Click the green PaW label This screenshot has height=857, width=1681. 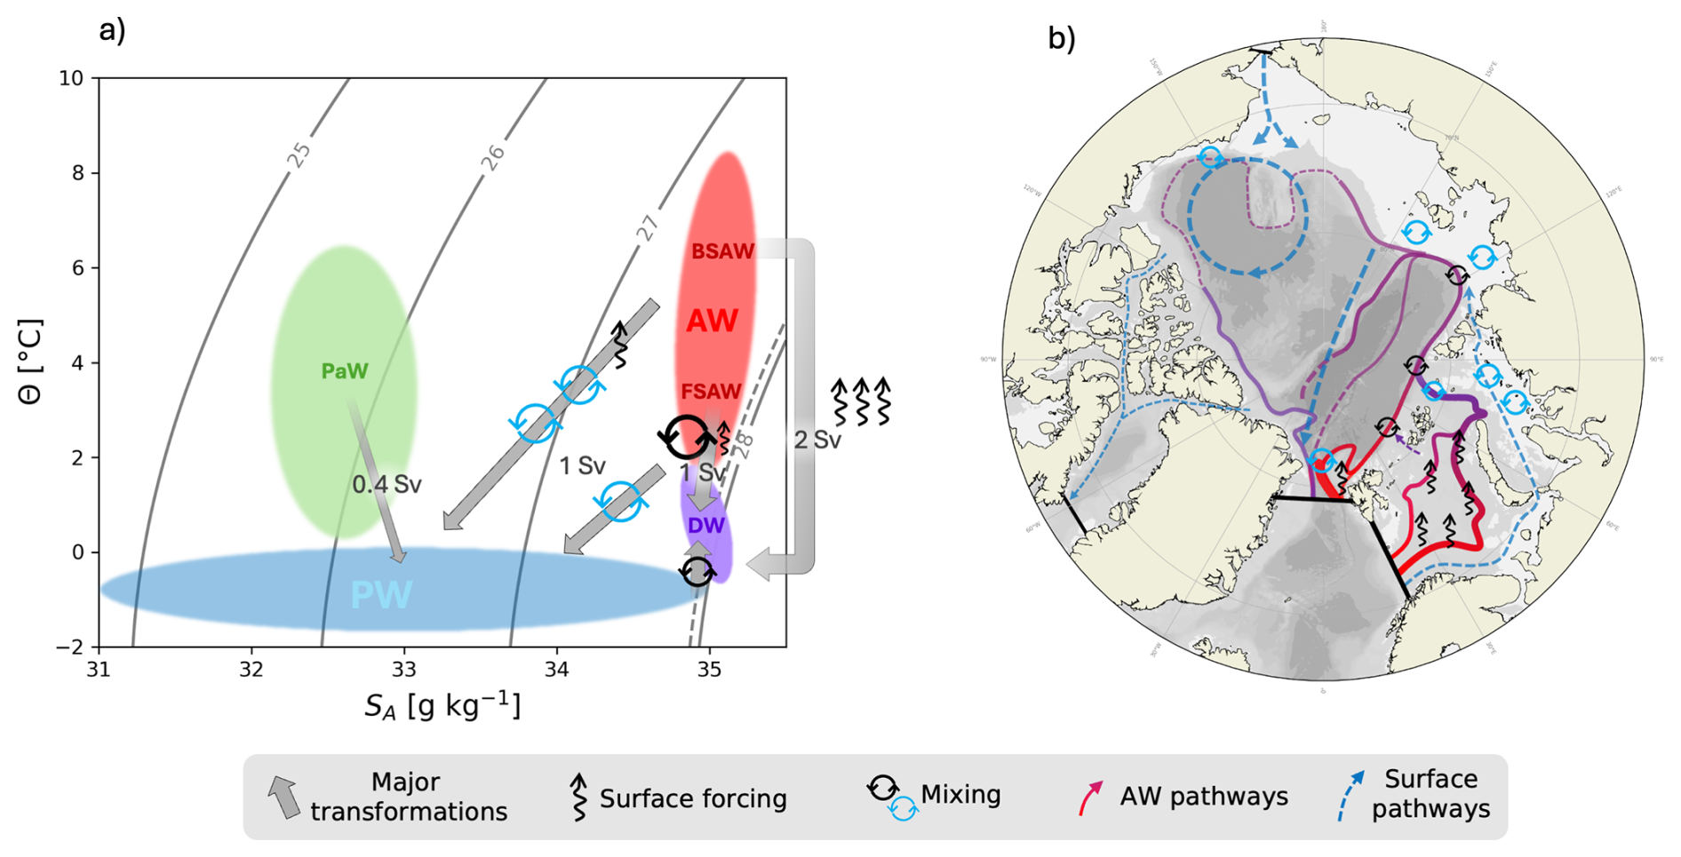pos(344,371)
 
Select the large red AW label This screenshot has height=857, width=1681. pos(713,321)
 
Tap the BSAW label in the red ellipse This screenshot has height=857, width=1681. pos(722,252)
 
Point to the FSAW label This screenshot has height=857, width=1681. pos(711,392)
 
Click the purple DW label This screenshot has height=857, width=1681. pos(706,526)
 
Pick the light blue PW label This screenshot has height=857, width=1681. pos(381,595)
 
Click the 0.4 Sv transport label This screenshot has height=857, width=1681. pos(386,485)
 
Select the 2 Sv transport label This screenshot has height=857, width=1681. pos(817,440)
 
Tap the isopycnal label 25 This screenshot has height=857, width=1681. pos(300,155)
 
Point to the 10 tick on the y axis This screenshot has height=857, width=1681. pos(71,79)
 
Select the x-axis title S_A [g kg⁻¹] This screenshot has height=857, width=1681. pos(442,707)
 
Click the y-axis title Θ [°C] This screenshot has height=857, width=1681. pos(30,361)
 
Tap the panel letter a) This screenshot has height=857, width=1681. pos(112,31)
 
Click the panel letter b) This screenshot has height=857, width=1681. pos(1061,38)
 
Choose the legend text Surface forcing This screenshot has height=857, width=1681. pos(693,799)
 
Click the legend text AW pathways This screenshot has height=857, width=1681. pos(1203,797)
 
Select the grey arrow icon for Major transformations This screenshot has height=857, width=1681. pos(283,797)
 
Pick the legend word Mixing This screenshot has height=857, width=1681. pos(960,794)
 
